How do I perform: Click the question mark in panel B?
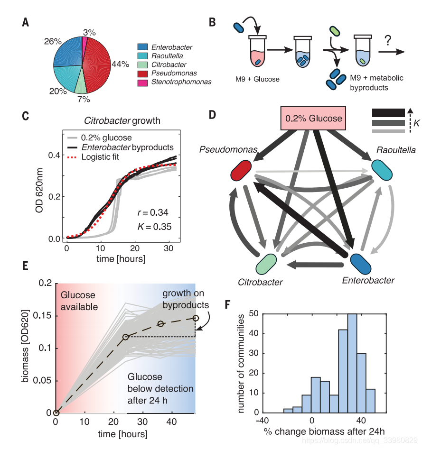click(388, 40)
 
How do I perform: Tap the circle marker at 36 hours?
click(161, 324)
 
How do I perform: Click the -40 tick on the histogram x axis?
click(263, 421)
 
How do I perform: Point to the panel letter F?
click(228, 302)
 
